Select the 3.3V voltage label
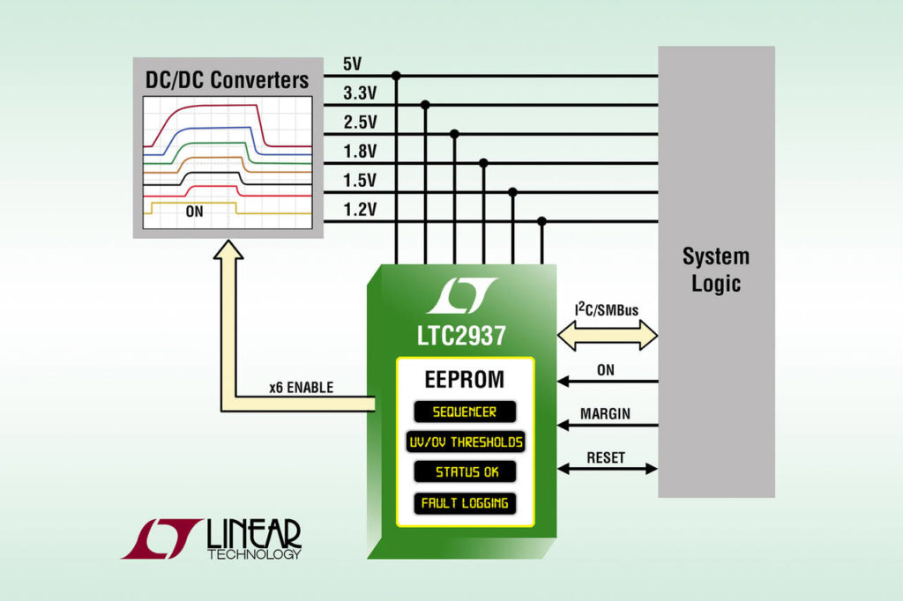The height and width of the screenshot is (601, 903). pyautogui.click(x=359, y=93)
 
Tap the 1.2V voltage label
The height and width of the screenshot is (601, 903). pyautogui.click(x=359, y=209)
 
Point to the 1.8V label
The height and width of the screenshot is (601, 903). pyautogui.click(x=359, y=152)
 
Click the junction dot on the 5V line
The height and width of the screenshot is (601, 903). pyautogui.click(x=396, y=76)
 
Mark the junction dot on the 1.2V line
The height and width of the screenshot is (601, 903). pyautogui.click(x=541, y=221)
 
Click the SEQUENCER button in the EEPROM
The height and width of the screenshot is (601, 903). pyautogui.click(x=465, y=412)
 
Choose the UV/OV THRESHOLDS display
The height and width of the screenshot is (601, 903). pyautogui.click(x=465, y=441)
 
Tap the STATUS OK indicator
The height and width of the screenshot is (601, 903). pyautogui.click(x=465, y=471)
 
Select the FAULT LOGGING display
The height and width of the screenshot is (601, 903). pyautogui.click(x=465, y=503)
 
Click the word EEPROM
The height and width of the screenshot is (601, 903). pyautogui.click(x=465, y=380)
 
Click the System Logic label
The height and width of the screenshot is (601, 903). pyautogui.click(x=716, y=271)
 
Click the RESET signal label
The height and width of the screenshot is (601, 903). pyautogui.click(x=605, y=457)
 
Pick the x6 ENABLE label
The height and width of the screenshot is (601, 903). pyautogui.click(x=301, y=387)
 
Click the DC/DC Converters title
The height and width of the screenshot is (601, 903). pyautogui.click(x=227, y=80)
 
